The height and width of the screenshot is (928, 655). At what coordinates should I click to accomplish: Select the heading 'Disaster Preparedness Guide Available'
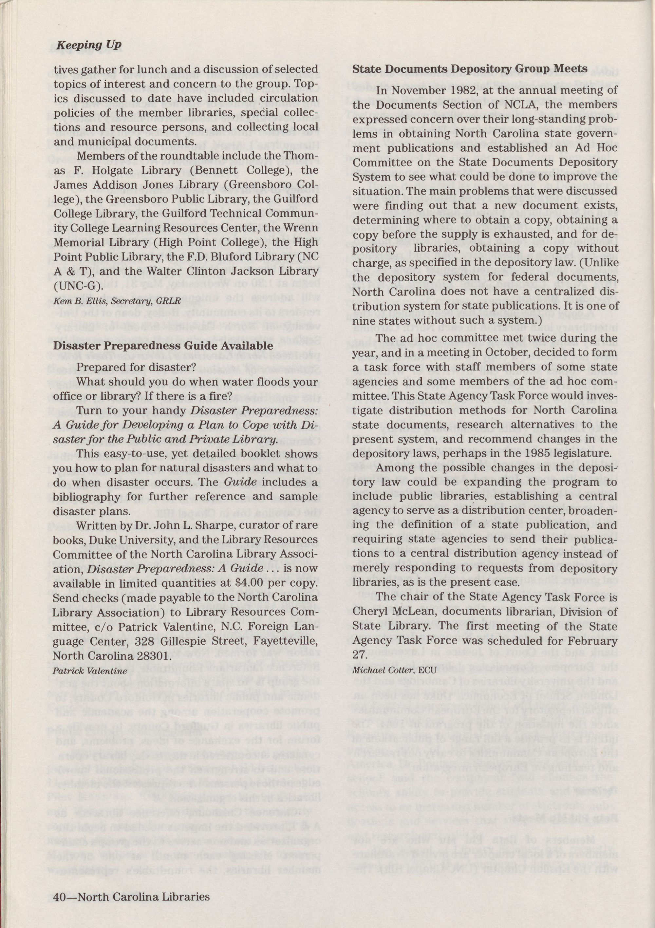point(163,346)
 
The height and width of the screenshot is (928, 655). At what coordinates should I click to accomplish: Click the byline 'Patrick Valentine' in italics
point(90,671)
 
